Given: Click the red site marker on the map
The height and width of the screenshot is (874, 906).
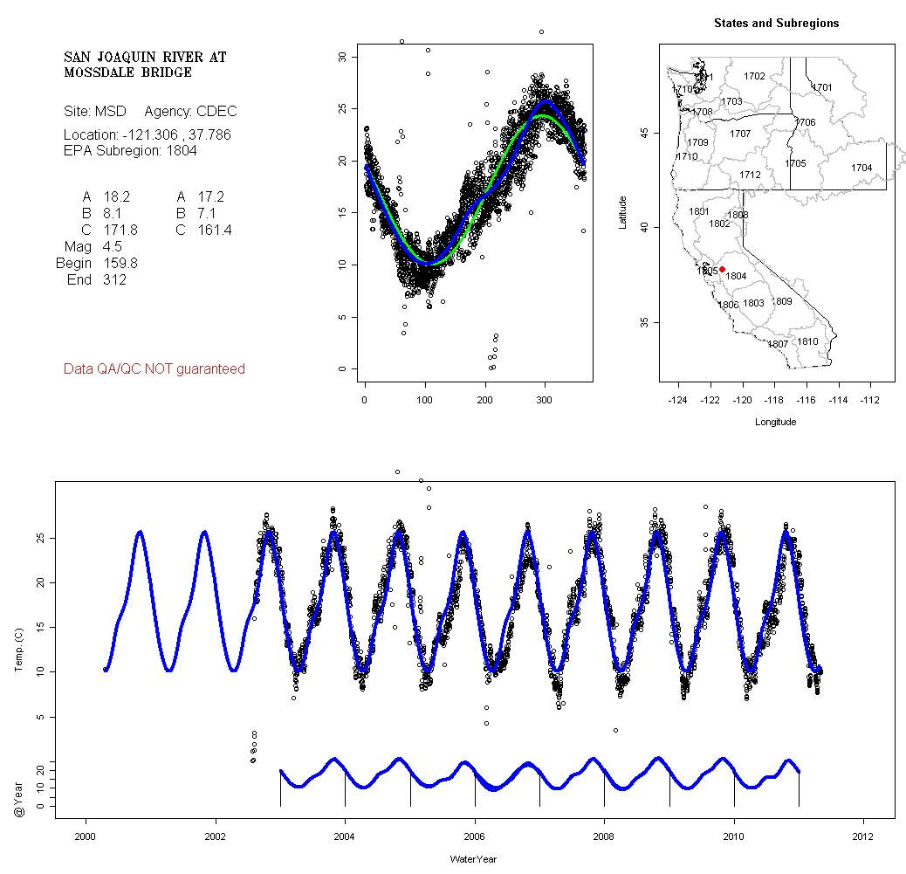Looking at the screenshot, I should pos(722,269).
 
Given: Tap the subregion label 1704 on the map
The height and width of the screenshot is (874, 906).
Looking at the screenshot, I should pos(861,168).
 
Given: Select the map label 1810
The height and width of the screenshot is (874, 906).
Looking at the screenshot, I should pos(808,341).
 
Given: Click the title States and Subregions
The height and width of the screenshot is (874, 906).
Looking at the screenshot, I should pos(776,24).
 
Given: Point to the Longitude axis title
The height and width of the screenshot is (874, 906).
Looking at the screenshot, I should pos(775,422).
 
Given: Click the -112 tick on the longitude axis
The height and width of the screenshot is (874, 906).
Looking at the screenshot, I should pos(869,400).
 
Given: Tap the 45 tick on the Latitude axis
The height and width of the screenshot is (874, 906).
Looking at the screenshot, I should pos(643,133).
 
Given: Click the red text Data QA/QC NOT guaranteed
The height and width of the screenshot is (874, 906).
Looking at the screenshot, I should pos(154,369).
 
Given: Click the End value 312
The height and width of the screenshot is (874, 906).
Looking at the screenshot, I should pos(113,280).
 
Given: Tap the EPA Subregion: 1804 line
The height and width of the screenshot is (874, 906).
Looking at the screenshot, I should pos(130,151).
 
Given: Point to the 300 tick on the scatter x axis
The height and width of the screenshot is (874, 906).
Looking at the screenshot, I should pos(545,400).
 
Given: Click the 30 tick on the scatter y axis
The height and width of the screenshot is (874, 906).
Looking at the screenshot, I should pos(342,57).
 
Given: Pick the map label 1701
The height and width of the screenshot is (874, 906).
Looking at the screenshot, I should pos(822,87).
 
